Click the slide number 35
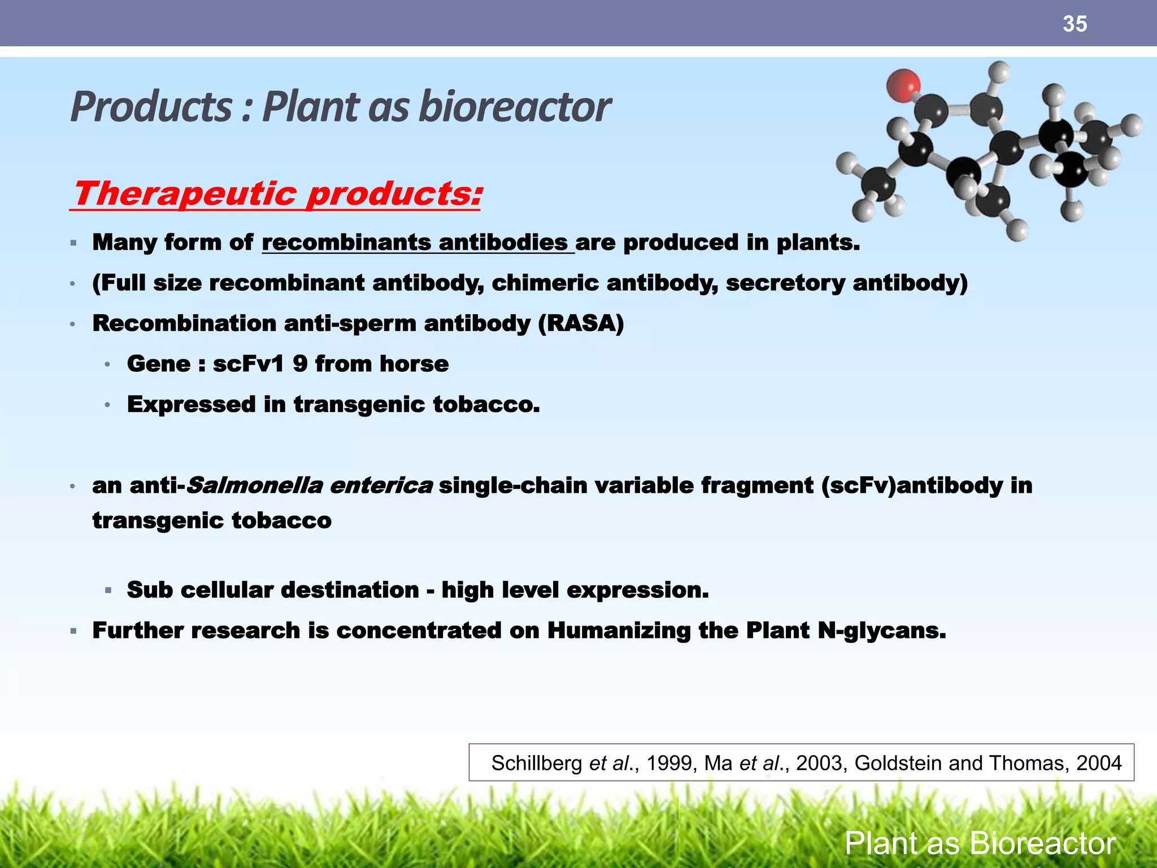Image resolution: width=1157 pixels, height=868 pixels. tap(1074, 24)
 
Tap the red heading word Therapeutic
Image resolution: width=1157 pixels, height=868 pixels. tap(185, 194)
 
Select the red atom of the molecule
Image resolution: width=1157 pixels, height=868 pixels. tap(903, 85)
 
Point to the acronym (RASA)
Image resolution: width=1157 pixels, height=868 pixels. tap(581, 324)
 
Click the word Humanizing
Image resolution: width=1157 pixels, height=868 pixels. tap(619, 631)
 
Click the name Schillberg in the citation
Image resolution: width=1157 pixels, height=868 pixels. tap(536, 763)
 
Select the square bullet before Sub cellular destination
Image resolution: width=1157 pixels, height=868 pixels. tap(108, 591)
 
